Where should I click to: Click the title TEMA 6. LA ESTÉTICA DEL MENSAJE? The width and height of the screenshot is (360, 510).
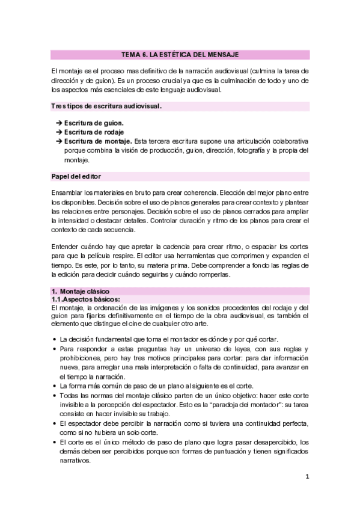pos(180,54)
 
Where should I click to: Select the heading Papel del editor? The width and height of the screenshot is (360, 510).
pos(76,176)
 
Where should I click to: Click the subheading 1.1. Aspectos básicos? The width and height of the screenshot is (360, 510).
pos(86,299)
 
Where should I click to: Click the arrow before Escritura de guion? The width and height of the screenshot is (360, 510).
pos(59,123)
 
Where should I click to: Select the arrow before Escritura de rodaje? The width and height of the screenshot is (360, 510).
pos(59,132)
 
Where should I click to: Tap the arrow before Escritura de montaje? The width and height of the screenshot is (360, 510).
pos(59,141)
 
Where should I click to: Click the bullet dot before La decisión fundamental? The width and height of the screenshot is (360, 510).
pos(55,339)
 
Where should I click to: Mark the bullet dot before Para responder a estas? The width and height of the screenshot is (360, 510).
pos(55,349)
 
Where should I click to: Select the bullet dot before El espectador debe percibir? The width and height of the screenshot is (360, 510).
pos(55,423)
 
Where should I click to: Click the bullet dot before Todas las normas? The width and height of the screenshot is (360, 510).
pos(55,395)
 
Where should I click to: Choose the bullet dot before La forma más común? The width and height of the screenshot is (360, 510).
pos(55,386)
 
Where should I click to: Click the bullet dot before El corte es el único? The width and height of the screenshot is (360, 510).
pos(55,442)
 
